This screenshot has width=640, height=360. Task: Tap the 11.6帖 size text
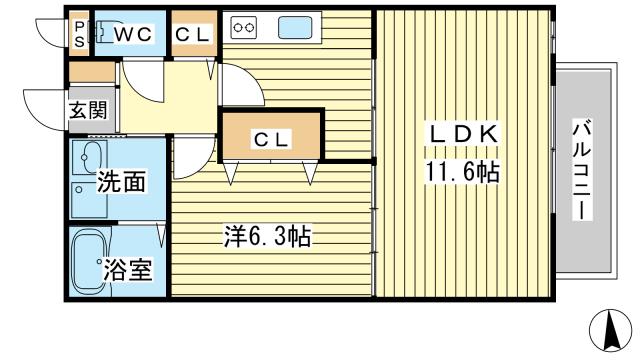(461, 171)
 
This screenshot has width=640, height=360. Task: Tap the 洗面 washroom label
(121, 182)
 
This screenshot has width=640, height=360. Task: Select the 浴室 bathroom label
(128, 269)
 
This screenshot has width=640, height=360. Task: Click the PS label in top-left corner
(79, 33)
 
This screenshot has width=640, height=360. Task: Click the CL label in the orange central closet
(271, 139)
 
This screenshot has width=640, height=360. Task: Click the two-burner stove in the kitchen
(244, 28)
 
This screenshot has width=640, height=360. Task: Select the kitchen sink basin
(294, 28)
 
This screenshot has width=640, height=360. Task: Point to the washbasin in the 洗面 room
(91, 158)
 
